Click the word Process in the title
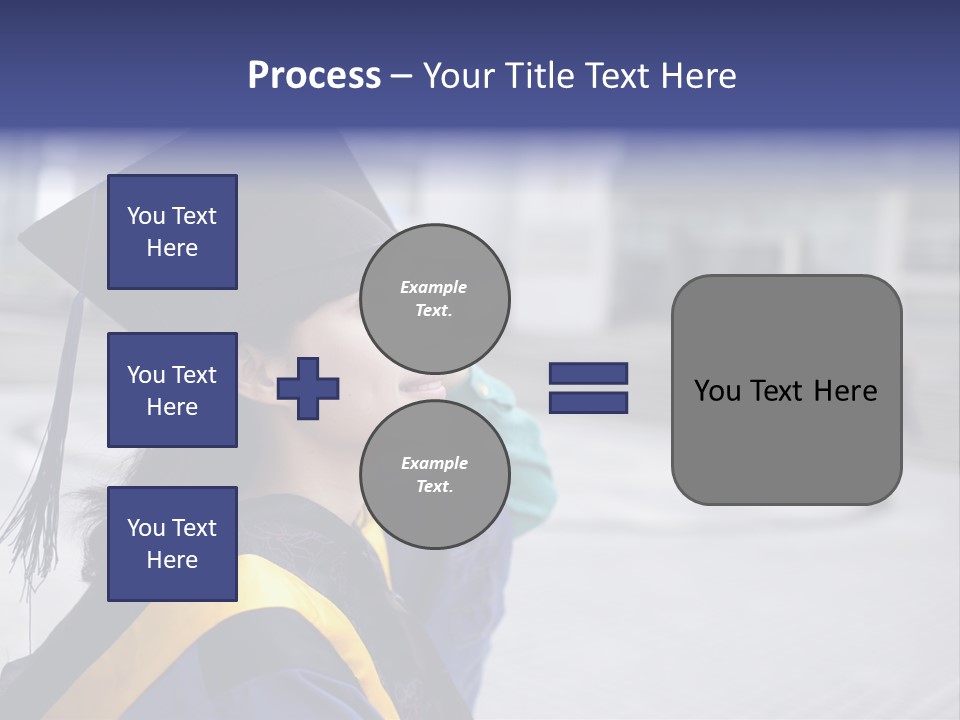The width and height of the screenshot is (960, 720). (x=314, y=76)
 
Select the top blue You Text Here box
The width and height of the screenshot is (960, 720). (x=172, y=232)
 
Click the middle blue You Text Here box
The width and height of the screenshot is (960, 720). (x=172, y=390)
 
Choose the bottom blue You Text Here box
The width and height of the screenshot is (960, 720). (x=172, y=544)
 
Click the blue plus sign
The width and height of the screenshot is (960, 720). (x=308, y=388)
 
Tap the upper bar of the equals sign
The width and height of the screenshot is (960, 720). (x=588, y=374)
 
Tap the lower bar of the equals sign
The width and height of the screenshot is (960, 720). (x=588, y=402)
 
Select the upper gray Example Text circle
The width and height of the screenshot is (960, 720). (x=434, y=298)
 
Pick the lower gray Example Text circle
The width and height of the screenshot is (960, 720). (x=434, y=474)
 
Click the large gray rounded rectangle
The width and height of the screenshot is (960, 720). (x=786, y=390)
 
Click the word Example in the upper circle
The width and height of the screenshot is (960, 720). (x=434, y=287)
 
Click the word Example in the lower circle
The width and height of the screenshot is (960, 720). (x=434, y=463)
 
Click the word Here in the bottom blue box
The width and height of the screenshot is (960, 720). (x=172, y=560)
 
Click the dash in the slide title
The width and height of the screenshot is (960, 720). (x=401, y=77)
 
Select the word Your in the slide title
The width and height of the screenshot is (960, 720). (x=457, y=76)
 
